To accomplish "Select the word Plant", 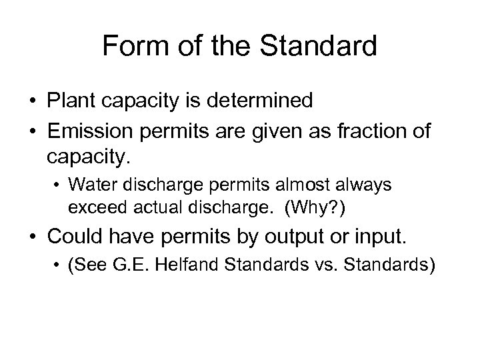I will pyautogui.click(x=71, y=101).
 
